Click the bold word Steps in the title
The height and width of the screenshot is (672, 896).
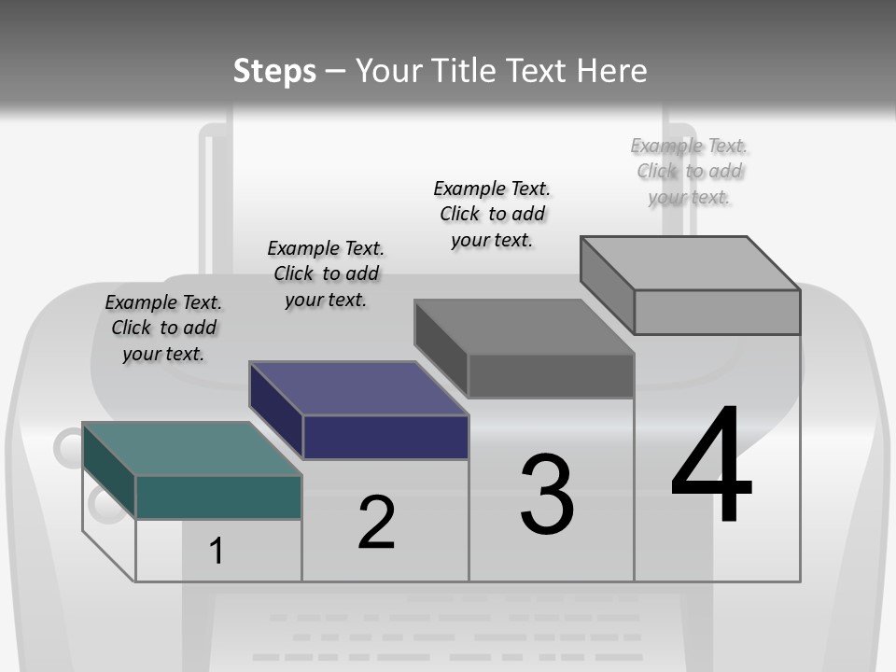click(274, 71)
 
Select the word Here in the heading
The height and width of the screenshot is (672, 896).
click(611, 71)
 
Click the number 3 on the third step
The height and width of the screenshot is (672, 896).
click(547, 495)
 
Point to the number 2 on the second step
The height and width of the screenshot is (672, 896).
click(376, 523)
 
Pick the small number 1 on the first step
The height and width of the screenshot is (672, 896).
click(217, 552)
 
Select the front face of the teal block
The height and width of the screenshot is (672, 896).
click(218, 497)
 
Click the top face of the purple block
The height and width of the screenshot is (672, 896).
click(358, 388)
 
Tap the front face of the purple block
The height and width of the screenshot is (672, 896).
click(385, 437)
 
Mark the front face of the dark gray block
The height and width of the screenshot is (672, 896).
click(551, 376)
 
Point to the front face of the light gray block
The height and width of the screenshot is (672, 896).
click(717, 312)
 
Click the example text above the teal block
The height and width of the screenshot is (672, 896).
click(163, 329)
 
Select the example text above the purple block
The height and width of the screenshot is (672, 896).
click(326, 274)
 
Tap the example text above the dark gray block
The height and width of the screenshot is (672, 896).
click(492, 215)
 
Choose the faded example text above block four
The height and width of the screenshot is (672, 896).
click(689, 172)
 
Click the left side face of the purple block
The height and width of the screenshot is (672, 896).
click(276, 411)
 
